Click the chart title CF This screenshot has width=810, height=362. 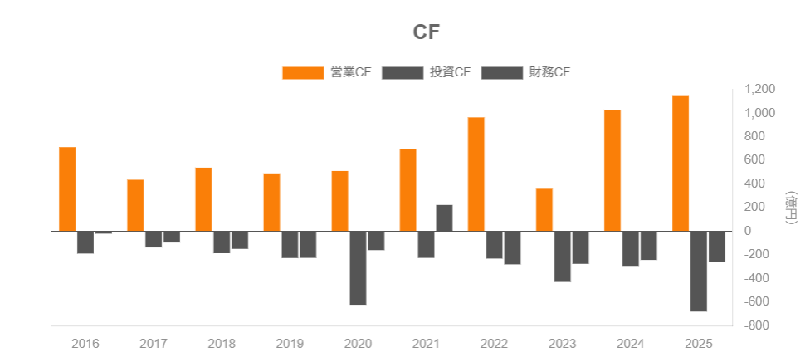pos(426,32)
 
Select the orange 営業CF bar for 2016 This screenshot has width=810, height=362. pos(67,188)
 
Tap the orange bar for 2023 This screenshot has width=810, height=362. pos(544,209)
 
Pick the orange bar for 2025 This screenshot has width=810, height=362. pos(681,163)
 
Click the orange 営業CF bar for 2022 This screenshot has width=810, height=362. pos(476,174)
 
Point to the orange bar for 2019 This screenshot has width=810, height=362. pos(271,202)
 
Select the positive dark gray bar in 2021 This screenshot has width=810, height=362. pos(444,218)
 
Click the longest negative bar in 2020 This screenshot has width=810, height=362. pos(358,267)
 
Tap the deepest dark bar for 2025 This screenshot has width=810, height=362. pos(699,271)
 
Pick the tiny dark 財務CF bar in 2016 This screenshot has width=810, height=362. pos(104,232)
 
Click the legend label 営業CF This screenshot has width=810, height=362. pos(350,72)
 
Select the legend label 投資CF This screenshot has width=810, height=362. pos(450,72)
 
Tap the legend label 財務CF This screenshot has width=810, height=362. pos(549,72)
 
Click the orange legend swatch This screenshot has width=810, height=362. pos(303,73)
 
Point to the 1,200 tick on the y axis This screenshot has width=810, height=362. pos(759,89)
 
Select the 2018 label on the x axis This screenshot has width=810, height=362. pos(222,343)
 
